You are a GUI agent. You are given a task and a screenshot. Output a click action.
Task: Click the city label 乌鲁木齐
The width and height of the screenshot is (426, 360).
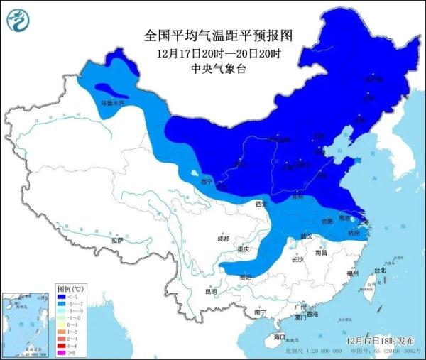pos(111,104)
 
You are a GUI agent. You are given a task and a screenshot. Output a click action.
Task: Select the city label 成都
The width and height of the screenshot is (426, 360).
pos(223,239)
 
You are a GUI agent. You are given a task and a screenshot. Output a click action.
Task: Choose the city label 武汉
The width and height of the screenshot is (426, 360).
pos(307,235)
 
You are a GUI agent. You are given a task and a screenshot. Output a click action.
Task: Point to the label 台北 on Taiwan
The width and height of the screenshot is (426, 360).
pos(380,271)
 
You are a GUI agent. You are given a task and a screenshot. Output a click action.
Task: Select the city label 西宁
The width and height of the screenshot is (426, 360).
pos(207,182)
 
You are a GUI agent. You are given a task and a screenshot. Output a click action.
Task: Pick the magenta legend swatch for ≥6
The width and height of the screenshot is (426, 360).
pos(63,352)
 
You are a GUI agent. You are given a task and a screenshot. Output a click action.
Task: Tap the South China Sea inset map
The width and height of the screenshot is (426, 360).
pos(27,323)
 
